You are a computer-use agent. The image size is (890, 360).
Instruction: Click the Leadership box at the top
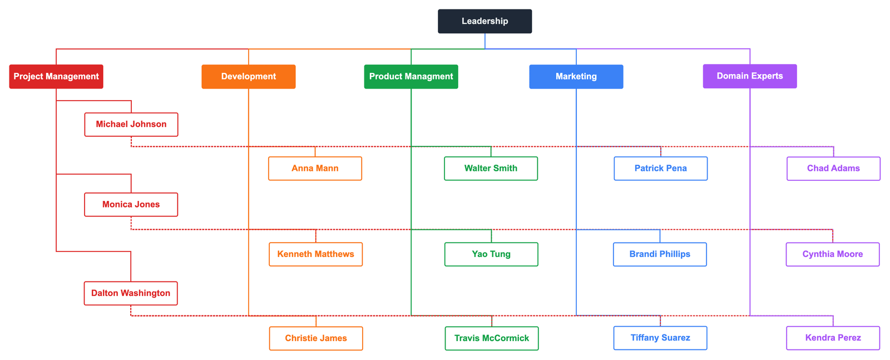point(484,21)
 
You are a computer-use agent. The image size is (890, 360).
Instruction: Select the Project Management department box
point(56,77)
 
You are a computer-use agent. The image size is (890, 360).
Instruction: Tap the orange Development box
point(248,77)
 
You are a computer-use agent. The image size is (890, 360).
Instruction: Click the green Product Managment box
point(411,77)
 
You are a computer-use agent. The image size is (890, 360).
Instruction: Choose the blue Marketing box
point(576,77)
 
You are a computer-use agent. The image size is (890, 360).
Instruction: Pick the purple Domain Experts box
point(749,76)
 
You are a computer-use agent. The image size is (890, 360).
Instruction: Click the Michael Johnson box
point(131,125)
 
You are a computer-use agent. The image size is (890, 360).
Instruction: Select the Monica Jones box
point(131,205)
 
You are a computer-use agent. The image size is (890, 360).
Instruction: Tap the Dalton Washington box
point(131,293)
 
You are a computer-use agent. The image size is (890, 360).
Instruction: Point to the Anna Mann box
point(315,169)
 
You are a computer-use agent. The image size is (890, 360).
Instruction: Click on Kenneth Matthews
point(315,254)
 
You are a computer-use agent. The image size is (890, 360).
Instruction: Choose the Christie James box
point(316,338)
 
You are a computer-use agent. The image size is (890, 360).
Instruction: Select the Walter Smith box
point(491,169)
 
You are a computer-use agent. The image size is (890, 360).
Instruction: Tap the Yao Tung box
point(491,254)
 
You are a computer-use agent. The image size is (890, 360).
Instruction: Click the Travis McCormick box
point(492,338)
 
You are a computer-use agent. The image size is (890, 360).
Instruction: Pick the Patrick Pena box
point(660,169)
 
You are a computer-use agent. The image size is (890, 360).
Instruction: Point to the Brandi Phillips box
point(660,254)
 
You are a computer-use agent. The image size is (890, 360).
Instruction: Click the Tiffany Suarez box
point(660,338)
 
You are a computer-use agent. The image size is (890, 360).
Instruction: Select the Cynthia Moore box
point(832,254)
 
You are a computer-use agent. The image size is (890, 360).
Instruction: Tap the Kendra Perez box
point(833,338)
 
